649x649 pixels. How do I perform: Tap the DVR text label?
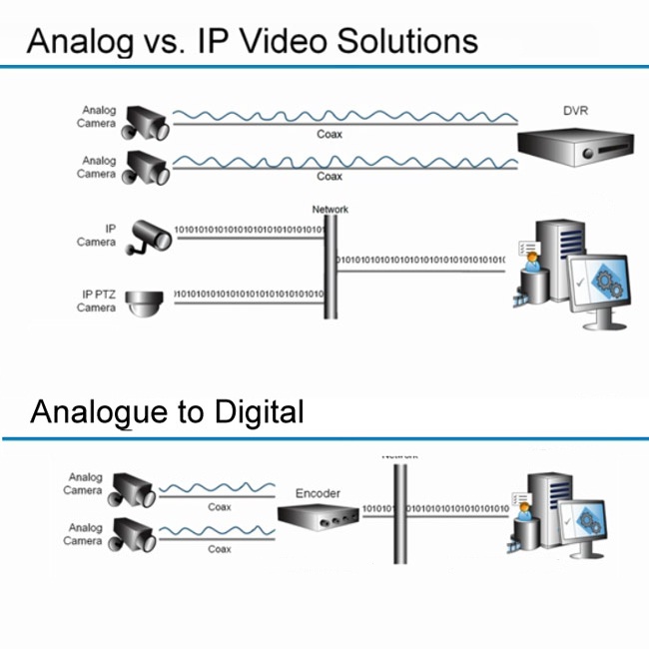pyautogui.click(x=575, y=110)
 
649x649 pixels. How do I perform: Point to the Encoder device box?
pyautogui.click(x=318, y=518)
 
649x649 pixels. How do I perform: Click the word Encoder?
pyautogui.click(x=318, y=493)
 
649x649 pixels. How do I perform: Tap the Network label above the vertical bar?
pyautogui.click(x=330, y=210)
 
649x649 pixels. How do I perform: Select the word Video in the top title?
pyautogui.click(x=284, y=42)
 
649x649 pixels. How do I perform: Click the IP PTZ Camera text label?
pyautogui.click(x=97, y=302)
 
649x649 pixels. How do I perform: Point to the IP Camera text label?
pyautogui.click(x=97, y=236)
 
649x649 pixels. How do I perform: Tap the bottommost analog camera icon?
pyautogui.click(x=133, y=533)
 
